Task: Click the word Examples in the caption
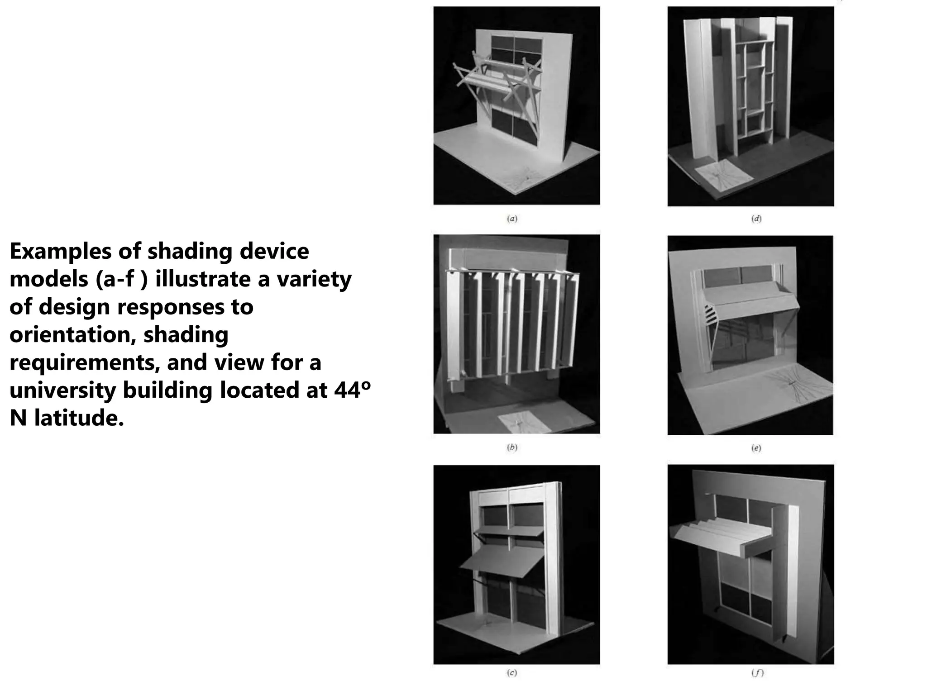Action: point(59,252)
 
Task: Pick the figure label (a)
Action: point(512,219)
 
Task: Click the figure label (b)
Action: point(512,447)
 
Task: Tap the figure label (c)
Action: point(512,673)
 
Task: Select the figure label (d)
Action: point(756,219)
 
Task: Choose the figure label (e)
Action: point(756,448)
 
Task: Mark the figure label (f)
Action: point(757,673)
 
